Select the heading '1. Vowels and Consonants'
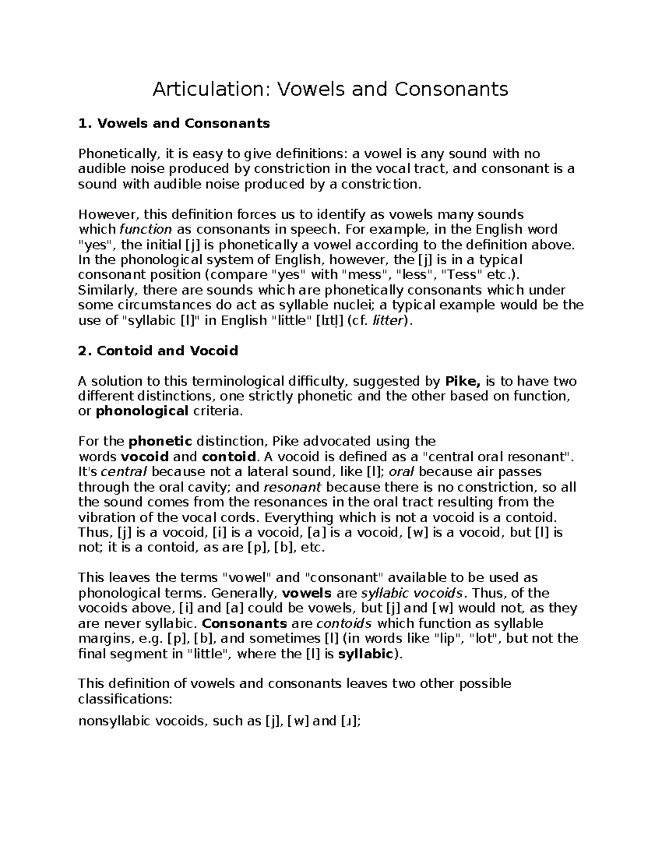[174, 123]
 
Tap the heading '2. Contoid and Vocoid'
[158, 351]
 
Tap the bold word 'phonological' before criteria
[142, 411]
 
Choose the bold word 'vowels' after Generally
[307, 594]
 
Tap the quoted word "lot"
[484, 639]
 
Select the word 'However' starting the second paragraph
[102, 214]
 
